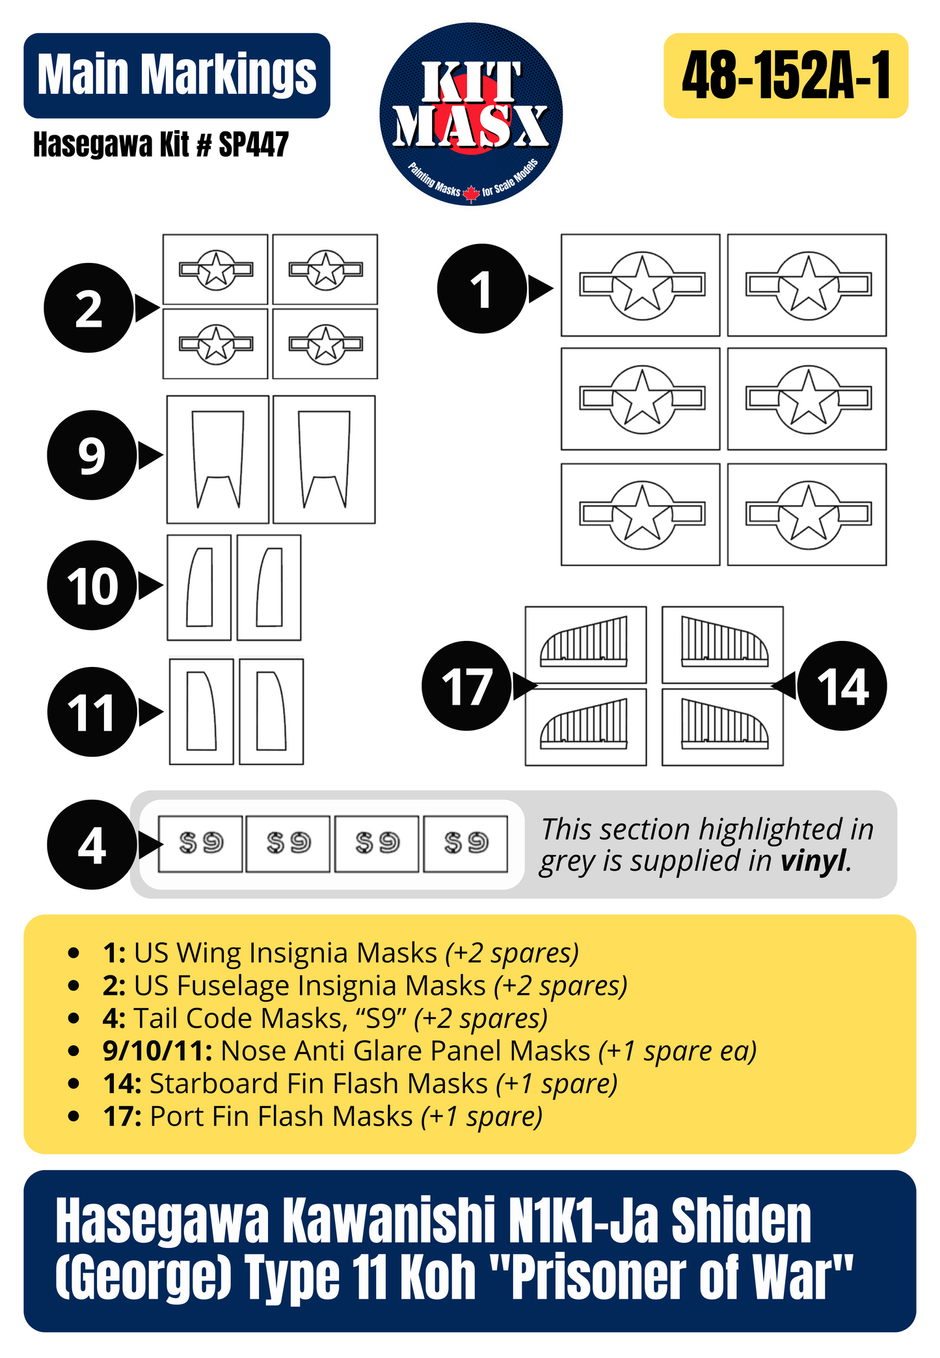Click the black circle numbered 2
[88, 308]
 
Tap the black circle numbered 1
[481, 289]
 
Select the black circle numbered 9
[91, 455]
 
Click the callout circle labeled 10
[92, 585]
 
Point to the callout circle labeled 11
[92, 712]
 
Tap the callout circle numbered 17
[466, 686]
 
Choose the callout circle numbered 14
[842, 686]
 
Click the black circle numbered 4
[91, 845]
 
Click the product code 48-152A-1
[785, 75]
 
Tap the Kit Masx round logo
[471, 115]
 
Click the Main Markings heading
[176, 75]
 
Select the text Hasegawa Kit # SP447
[161, 144]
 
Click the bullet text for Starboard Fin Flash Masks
[360, 1084]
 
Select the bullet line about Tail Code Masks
[325, 1018]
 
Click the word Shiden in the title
[741, 1221]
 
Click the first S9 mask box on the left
[200, 844]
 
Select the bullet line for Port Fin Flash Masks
[323, 1117]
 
